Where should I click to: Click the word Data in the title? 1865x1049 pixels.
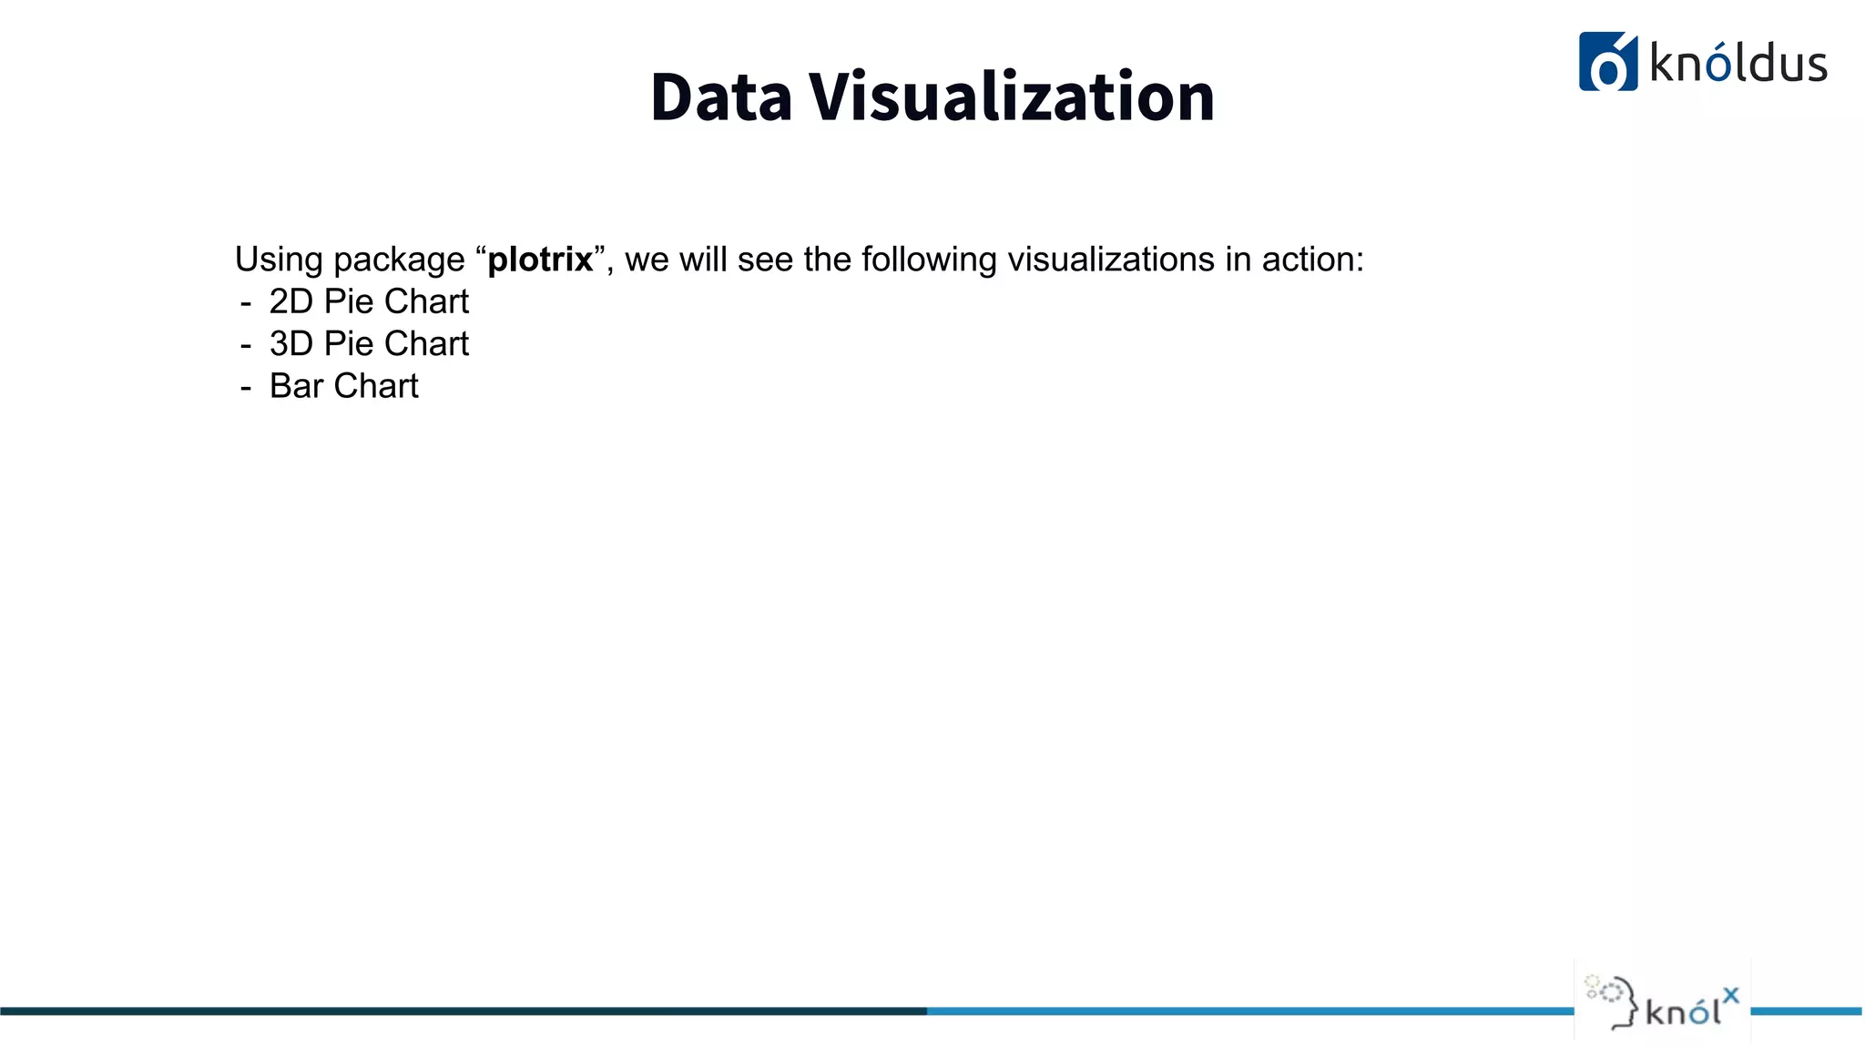tap(721, 97)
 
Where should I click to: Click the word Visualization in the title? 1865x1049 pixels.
tap(1012, 97)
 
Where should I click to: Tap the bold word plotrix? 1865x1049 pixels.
tap(540, 260)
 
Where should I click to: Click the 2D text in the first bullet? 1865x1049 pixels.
tap(291, 301)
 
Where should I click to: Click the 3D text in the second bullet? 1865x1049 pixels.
tap(291, 343)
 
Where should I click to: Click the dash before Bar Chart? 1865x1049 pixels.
tap(246, 387)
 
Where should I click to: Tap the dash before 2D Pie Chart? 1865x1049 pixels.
tap(246, 302)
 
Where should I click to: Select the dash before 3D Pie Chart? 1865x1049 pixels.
tap(246, 345)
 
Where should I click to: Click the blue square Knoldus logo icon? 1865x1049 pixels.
tap(1607, 62)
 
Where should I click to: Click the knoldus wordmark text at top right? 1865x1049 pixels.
tap(1738, 64)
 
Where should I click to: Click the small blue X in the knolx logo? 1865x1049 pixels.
tap(1730, 995)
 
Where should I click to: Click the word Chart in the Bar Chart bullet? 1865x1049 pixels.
tap(376, 386)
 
